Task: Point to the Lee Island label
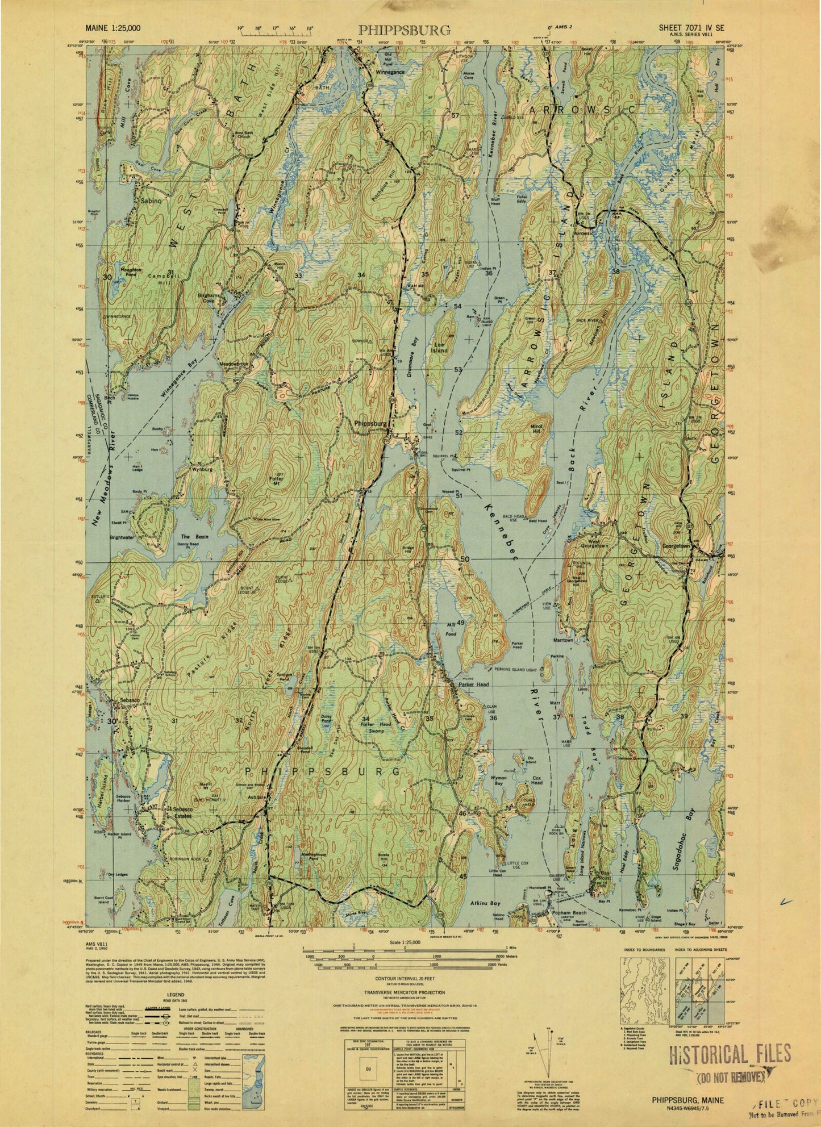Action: click(439, 348)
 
